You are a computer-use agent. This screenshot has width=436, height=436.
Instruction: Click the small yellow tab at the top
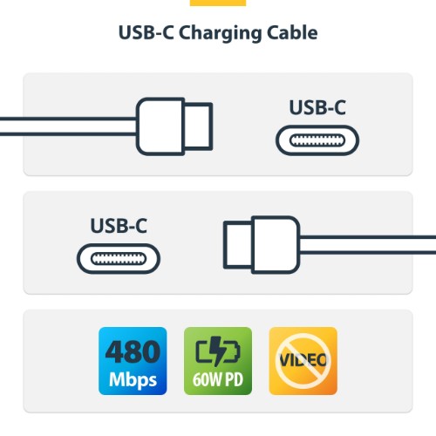(218, 3)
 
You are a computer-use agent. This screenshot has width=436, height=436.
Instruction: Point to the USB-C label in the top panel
(317, 108)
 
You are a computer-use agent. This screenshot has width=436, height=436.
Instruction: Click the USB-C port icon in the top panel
(317, 140)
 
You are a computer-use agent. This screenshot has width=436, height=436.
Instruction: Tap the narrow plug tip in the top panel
(200, 125)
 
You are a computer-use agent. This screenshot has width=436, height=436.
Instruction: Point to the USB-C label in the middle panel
(119, 226)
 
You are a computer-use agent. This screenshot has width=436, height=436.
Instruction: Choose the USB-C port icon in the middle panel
(119, 258)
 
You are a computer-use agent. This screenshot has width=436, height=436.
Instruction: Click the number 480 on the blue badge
(133, 351)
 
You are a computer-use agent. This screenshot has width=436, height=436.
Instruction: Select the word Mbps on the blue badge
(133, 380)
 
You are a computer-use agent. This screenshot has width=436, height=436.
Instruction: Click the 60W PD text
(217, 381)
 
